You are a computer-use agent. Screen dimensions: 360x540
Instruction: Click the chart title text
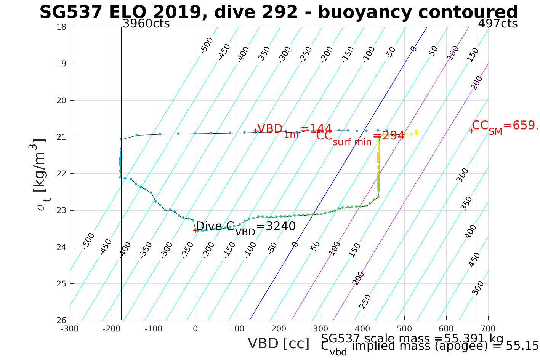279,12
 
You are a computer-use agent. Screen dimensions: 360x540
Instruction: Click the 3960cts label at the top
146,24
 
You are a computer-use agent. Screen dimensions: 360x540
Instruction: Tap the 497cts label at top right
497,24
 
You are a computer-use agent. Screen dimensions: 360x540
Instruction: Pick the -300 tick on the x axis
70,329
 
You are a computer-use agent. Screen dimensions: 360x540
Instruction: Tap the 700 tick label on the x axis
488,329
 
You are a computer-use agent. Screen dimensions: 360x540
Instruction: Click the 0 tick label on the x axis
195,329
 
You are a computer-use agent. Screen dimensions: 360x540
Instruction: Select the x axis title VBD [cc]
279,344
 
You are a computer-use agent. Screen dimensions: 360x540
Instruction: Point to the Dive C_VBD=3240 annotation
245,227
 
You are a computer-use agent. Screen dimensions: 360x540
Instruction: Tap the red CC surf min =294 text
360,136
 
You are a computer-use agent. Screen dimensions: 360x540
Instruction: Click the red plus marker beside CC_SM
471,131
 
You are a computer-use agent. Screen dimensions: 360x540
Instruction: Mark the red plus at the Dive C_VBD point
195,230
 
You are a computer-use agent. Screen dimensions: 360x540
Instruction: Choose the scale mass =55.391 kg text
412,339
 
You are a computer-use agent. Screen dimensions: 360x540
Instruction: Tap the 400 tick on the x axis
362,329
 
